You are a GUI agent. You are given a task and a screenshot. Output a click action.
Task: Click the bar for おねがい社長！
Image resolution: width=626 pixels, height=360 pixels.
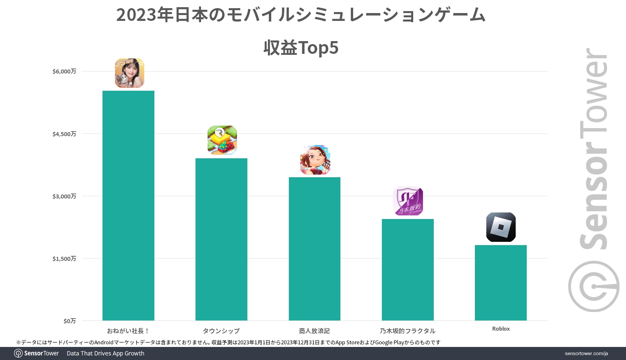[x=128, y=206]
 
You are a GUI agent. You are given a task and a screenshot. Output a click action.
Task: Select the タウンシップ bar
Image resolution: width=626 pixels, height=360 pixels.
[x=221, y=239]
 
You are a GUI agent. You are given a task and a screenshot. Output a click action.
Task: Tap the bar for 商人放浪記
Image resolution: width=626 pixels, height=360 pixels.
[x=314, y=249]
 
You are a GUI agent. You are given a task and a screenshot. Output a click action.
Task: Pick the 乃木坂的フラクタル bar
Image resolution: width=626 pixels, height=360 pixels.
[x=408, y=270]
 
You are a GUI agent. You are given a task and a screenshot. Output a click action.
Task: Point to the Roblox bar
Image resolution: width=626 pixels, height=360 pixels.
[x=501, y=283]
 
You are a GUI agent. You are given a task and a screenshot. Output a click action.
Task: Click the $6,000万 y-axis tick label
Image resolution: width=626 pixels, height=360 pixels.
[x=64, y=71]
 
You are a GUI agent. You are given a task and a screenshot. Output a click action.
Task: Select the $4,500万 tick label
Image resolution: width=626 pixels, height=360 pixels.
[x=64, y=134]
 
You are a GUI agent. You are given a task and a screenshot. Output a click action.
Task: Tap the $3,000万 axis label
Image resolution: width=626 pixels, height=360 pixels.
[x=64, y=196]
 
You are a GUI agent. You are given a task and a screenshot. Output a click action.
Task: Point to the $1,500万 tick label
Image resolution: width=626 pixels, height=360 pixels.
[x=64, y=259]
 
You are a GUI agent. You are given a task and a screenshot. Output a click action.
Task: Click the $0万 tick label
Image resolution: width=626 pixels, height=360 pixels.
[x=70, y=321]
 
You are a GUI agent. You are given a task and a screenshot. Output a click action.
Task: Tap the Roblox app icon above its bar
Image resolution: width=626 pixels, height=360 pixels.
[x=501, y=227]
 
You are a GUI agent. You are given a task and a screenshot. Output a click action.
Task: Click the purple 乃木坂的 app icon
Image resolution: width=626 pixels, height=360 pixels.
[x=408, y=201]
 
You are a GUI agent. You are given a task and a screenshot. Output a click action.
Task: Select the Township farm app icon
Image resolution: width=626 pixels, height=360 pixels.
[x=222, y=140]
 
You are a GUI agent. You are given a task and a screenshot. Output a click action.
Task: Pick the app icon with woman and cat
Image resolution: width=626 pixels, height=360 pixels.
[x=129, y=73]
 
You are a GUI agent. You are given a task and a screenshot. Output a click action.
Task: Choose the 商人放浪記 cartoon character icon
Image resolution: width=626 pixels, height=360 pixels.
[x=315, y=160]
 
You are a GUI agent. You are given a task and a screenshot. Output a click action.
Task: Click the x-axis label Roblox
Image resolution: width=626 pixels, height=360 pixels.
[x=501, y=329]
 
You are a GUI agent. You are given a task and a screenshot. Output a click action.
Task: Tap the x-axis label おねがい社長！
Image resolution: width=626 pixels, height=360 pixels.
[x=128, y=331]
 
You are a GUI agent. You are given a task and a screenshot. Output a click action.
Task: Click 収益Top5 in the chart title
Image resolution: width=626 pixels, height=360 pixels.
[x=301, y=48]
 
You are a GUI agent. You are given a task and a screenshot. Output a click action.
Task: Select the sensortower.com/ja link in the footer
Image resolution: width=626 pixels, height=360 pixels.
[x=586, y=353]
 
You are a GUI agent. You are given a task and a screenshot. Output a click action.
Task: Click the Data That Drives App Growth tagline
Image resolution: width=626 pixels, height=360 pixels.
[x=105, y=353]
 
